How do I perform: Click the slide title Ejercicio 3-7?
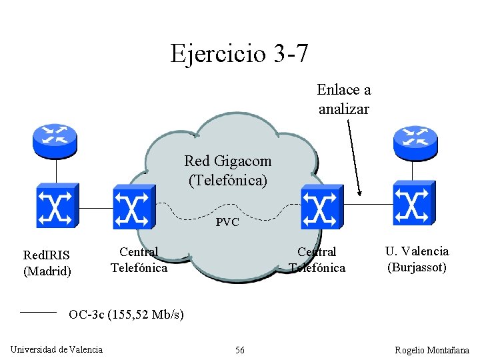(239, 53)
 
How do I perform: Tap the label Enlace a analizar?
(343, 99)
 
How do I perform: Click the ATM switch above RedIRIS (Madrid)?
(57, 206)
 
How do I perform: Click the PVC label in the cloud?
(227, 223)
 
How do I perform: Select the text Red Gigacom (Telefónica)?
(228, 171)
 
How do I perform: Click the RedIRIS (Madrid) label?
(47, 263)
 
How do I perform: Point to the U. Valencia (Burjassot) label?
(417, 259)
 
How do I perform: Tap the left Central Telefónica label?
(139, 260)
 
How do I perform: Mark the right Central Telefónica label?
(317, 260)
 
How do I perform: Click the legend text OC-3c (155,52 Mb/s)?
(127, 314)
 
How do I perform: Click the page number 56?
(239, 350)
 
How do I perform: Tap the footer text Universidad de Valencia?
(57, 349)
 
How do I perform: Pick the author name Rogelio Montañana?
(431, 350)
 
